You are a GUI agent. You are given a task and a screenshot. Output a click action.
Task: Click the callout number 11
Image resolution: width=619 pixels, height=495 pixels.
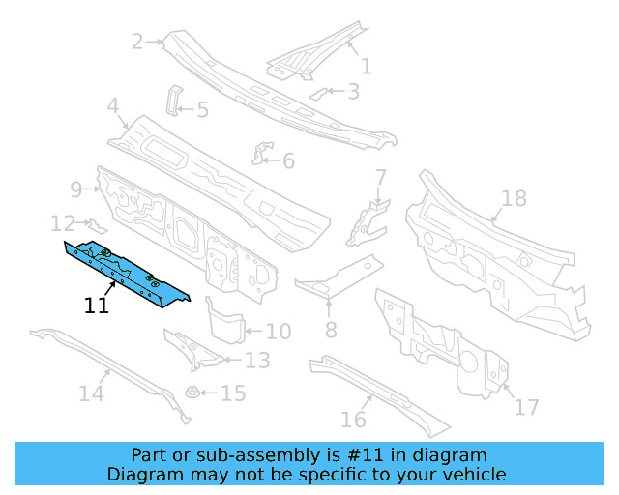tap(96, 306)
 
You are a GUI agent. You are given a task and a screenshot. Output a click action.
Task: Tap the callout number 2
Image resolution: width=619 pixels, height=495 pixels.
tap(137, 42)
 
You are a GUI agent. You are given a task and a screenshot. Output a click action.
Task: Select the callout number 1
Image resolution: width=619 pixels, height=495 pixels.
tap(366, 67)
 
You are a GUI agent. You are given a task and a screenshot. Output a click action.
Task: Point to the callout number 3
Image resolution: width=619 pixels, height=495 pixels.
tap(353, 92)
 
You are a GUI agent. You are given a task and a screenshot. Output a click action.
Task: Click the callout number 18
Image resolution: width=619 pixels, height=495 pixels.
tap(514, 199)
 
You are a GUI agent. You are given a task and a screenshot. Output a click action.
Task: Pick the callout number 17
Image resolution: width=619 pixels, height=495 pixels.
tap(526, 407)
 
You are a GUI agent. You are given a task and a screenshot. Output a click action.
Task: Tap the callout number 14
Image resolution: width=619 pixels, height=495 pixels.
tap(91, 393)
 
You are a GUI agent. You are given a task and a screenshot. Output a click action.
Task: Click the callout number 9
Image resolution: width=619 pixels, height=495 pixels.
tap(76, 188)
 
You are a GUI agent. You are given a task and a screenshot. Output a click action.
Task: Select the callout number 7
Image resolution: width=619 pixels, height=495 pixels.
tap(380, 177)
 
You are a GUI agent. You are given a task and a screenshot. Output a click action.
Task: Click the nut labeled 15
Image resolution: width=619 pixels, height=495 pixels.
tap(192, 393)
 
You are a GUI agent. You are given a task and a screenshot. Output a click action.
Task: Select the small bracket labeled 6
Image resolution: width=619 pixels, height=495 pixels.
tap(262, 155)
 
